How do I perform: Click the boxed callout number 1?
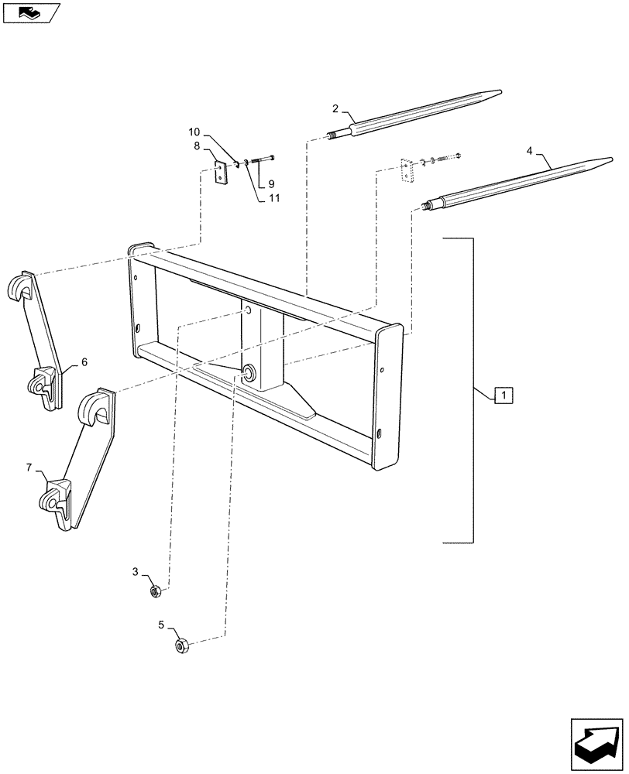click(x=503, y=396)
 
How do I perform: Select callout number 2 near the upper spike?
click(x=335, y=108)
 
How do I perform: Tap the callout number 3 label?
click(x=135, y=572)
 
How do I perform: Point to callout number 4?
click(x=530, y=152)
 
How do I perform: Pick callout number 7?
click(x=29, y=467)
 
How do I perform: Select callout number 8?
click(x=198, y=146)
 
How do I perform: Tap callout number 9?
click(x=271, y=184)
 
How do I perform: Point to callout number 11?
click(x=274, y=198)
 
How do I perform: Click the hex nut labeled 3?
click(x=154, y=592)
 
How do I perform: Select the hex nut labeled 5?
click(x=183, y=645)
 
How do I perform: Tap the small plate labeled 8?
click(x=222, y=172)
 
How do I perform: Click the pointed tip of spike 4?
click(x=608, y=160)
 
